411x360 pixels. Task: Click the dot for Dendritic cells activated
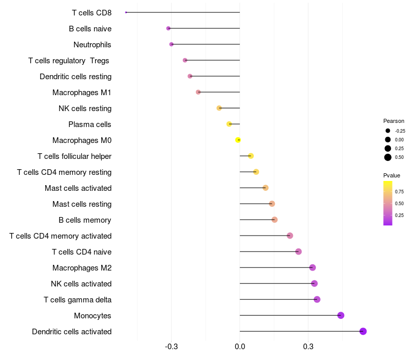click(x=363, y=331)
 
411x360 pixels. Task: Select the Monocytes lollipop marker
click(x=341, y=315)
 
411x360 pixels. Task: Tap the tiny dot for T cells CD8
click(x=126, y=12)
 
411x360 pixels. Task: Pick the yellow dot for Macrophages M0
click(x=238, y=140)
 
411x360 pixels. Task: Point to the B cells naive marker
click(x=169, y=28)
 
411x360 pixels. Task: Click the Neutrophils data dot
click(x=172, y=44)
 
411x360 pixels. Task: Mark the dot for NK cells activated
click(x=314, y=283)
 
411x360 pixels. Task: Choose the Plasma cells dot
click(x=229, y=124)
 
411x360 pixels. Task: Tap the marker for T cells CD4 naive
click(x=298, y=251)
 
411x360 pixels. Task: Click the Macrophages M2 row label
click(x=82, y=268)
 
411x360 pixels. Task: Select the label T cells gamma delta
click(x=78, y=300)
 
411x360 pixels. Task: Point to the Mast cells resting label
click(x=82, y=204)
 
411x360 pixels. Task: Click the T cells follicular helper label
click(x=74, y=156)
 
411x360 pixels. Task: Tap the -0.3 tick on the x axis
click(x=172, y=347)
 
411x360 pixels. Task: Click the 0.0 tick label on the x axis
click(x=240, y=347)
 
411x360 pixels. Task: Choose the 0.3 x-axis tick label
click(x=308, y=347)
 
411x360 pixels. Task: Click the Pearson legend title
click(x=394, y=121)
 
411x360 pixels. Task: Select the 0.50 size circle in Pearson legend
click(x=388, y=157)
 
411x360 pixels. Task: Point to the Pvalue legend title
click(x=391, y=175)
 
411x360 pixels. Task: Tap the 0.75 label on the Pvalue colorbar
click(x=399, y=192)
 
